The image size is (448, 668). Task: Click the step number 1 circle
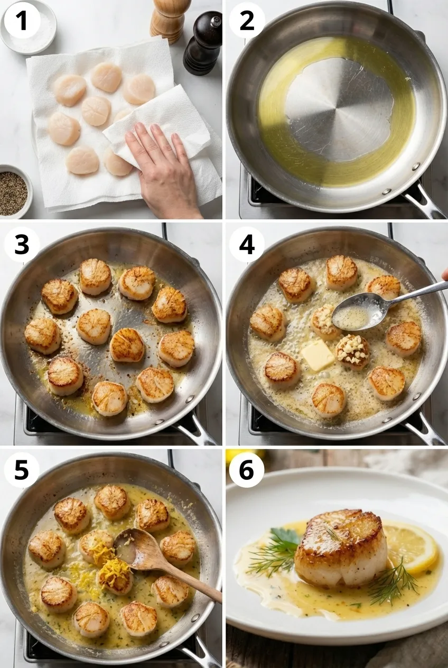point(21,21)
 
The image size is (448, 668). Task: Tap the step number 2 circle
point(247,21)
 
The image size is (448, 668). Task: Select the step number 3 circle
point(21,244)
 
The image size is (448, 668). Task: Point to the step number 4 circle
point(247,244)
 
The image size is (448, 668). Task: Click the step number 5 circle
point(21,470)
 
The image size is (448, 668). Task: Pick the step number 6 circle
point(247,470)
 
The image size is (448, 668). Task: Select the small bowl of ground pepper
point(13,192)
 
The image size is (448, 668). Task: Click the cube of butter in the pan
point(317,355)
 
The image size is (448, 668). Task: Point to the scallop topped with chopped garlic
point(353,351)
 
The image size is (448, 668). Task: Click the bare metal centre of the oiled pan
point(338,108)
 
